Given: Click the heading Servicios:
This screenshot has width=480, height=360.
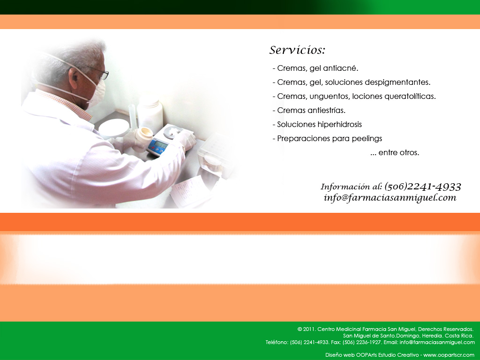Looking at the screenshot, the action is point(297,50).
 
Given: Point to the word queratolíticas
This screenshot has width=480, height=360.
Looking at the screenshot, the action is point(410,97).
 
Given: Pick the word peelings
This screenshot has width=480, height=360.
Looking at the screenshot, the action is point(367,139).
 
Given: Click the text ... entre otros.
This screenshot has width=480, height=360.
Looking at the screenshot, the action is point(395,152).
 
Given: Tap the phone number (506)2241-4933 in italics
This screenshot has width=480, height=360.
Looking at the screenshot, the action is point(422,186).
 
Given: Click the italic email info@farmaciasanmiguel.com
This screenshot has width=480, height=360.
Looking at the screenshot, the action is point(390,197).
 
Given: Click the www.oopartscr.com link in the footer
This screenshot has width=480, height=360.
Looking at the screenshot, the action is point(449,355).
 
